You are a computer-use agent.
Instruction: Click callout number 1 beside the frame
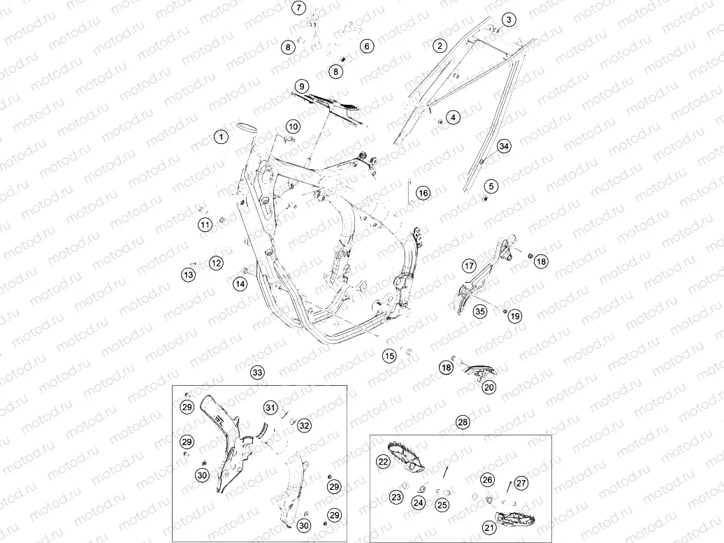pos(221,137)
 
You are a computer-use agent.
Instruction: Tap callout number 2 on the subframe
pos(440,45)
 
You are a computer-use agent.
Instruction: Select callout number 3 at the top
pos(509,20)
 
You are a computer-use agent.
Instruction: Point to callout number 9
pos(301,87)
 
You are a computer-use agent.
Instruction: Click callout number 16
pos(423,193)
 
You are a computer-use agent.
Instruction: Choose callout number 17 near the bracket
pos(469,266)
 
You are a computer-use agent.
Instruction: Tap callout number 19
pos(515,316)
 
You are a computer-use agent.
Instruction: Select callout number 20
pos(489,387)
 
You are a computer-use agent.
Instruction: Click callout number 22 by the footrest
pos(383,461)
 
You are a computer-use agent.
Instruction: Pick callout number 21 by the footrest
pos(489,528)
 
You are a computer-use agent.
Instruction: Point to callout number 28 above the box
pos(462,421)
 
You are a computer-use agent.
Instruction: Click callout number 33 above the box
pos(257,372)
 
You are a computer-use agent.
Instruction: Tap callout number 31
pos(270,407)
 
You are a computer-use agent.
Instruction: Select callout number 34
pos(504,146)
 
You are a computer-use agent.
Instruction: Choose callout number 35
pos(479,311)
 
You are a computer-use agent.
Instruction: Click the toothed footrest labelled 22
pos(405,457)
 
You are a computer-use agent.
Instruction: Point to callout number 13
pos(188,275)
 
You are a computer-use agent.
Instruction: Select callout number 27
pos(521,483)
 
